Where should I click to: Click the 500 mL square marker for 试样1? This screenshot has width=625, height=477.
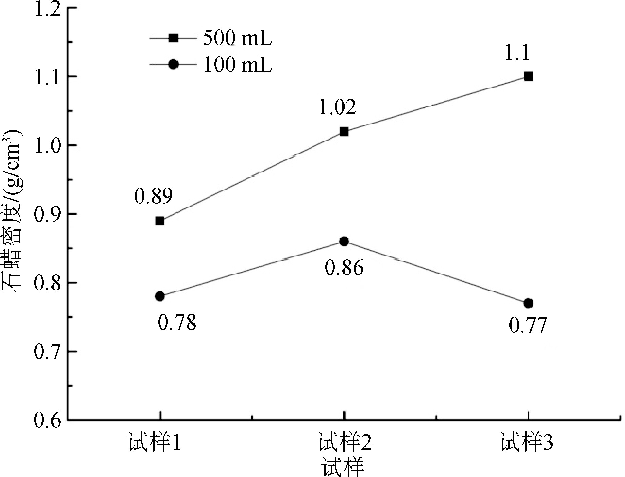pyautogui.click(x=160, y=221)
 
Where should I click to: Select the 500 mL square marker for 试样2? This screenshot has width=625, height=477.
pyautogui.click(x=344, y=132)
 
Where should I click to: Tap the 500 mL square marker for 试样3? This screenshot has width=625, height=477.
pyautogui.click(x=528, y=77)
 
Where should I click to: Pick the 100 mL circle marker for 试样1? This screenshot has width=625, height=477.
pyautogui.click(x=160, y=296)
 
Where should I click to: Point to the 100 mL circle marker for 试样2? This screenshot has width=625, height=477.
pyautogui.click(x=344, y=242)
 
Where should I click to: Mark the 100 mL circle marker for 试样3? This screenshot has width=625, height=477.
pyautogui.click(x=528, y=303)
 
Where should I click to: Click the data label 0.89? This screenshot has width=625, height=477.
pyautogui.click(x=153, y=196)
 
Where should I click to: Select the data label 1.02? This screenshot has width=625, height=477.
pyautogui.click(x=337, y=107)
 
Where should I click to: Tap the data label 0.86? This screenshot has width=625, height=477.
pyautogui.click(x=344, y=268)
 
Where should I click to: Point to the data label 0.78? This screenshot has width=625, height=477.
pyautogui.click(x=177, y=323)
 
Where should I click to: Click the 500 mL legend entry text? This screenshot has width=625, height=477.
pyautogui.click(x=237, y=39)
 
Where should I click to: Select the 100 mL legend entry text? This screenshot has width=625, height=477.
pyautogui.click(x=237, y=65)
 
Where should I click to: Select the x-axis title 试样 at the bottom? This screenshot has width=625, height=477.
pyautogui.click(x=343, y=468)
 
